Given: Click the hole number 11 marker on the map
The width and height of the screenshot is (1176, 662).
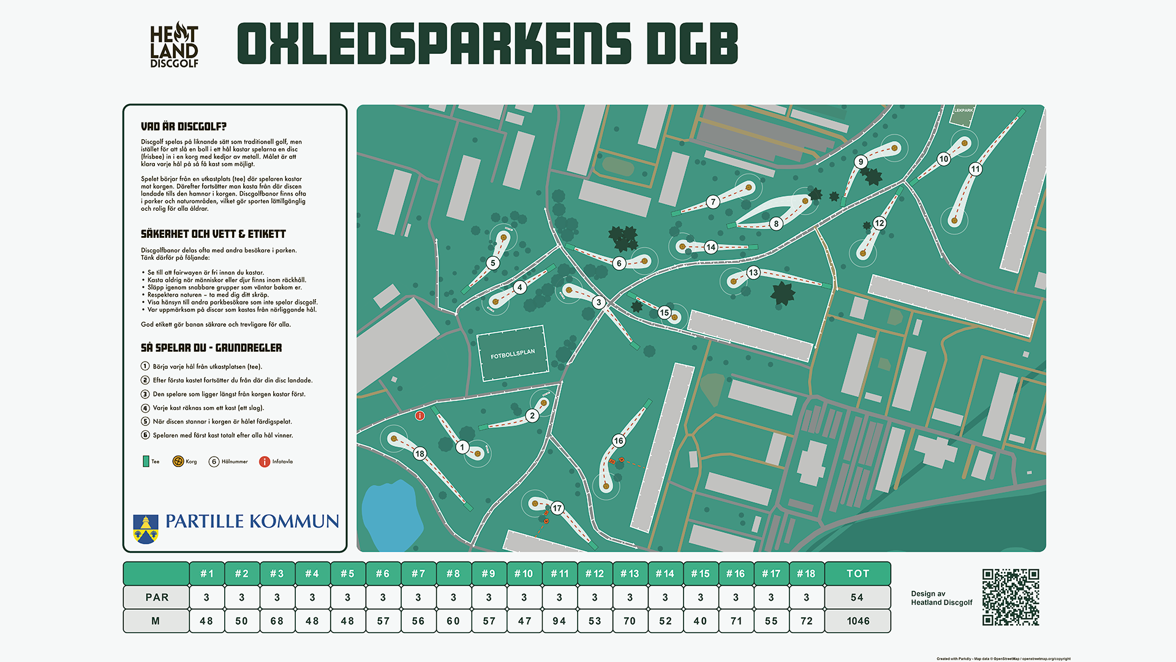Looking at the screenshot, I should pyautogui.click(x=975, y=169).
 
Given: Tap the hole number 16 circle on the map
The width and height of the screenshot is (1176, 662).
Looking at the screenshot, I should pyautogui.click(x=619, y=441).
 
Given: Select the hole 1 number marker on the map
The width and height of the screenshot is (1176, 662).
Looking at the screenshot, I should pyautogui.click(x=462, y=447).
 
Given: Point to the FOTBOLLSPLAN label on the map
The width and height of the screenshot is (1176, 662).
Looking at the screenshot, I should pyautogui.click(x=512, y=354).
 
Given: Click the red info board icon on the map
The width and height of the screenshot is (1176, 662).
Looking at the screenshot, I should pyautogui.click(x=420, y=416).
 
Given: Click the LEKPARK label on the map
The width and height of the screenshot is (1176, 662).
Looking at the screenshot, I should pyautogui.click(x=963, y=110).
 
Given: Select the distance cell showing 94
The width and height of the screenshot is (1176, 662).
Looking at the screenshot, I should pyautogui.click(x=559, y=621).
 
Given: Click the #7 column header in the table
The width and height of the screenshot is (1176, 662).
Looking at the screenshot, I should pyautogui.click(x=418, y=574).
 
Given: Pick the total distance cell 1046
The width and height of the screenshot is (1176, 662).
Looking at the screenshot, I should pyautogui.click(x=858, y=621).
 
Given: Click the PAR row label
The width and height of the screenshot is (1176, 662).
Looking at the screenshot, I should pyautogui.click(x=156, y=597).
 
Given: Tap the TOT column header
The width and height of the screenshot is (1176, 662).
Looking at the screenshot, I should pyautogui.click(x=858, y=574).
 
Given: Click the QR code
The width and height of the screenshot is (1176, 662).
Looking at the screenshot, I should pyautogui.click(x=1011, y=597).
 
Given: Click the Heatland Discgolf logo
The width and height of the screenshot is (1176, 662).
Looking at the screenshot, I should pyautogui.click(x=174, y=45).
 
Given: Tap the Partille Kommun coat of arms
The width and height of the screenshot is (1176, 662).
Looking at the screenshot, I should pyautogui.click(x=146, y=529).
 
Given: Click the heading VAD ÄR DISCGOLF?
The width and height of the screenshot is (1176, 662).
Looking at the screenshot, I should pyautogui.click(x=183, y=127).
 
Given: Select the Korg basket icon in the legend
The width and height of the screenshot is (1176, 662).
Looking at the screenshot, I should pyautogui.click(x=178, y=462).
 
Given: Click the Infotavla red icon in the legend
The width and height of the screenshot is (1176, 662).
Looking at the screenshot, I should pyautogui.click(x=265, y=462).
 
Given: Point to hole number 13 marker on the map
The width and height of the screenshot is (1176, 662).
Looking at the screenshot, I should pyautogui.click(x=753, y=273).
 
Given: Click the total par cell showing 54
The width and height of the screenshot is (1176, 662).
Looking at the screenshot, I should pyautogui.click(x=858, y=597).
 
